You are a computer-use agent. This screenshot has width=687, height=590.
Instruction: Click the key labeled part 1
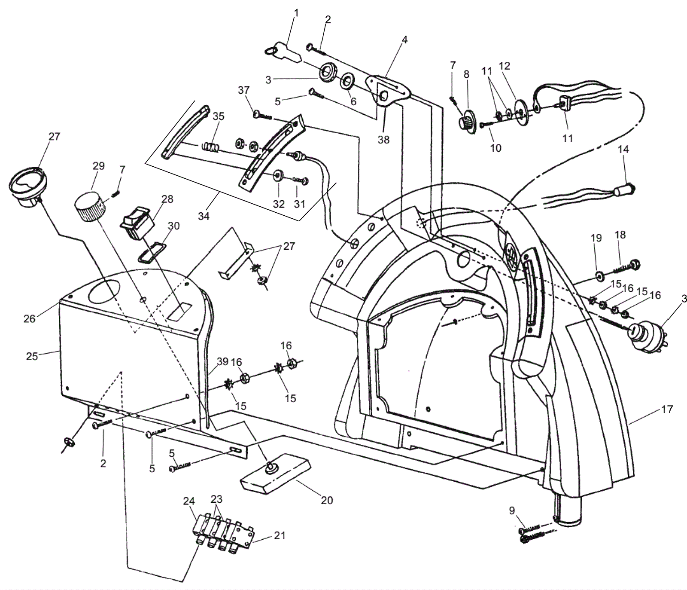(x=284, y=52)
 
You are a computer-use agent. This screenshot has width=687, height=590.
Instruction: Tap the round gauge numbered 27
(x=27, y=187)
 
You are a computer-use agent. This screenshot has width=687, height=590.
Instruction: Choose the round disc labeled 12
(x=521, y=113)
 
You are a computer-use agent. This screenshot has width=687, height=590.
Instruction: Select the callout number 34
(x=204, y=216)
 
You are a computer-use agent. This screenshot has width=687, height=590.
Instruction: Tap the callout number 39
(x=222, y=362)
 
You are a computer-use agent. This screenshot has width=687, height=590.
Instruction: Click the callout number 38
(x=383, y=140)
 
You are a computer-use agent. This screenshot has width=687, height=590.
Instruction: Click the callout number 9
(x=511, y=511)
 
